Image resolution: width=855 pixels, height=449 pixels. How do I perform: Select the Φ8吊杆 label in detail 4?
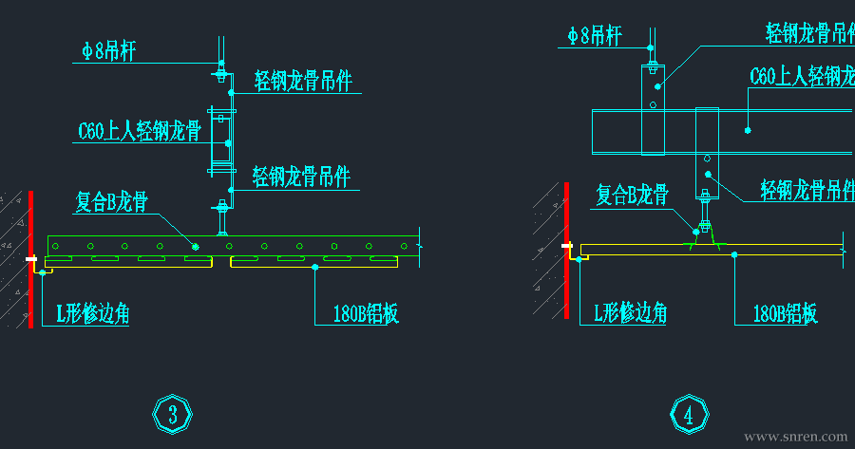(595, 36)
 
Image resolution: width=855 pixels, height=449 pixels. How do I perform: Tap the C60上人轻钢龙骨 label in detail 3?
(139, 131)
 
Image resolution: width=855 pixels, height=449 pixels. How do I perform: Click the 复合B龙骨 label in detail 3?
(112, 201)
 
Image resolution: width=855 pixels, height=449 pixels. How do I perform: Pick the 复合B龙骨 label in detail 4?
(632, 195)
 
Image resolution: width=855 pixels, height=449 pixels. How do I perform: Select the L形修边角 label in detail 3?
(93, 313)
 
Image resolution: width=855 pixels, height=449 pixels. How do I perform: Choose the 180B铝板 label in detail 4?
(785, 313)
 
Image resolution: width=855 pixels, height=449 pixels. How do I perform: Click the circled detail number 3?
(173, 414)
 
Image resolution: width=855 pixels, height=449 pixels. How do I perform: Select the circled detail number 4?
(689, 414)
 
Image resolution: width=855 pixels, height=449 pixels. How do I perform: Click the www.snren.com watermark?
(795, 437)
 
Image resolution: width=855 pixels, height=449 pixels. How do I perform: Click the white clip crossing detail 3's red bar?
(31, 258)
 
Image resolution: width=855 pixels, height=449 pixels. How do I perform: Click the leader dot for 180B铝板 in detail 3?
(315, 268)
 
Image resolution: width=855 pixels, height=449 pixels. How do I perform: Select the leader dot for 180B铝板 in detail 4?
(734, 253)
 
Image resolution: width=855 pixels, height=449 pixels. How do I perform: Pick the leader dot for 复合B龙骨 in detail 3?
(196, 246)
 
